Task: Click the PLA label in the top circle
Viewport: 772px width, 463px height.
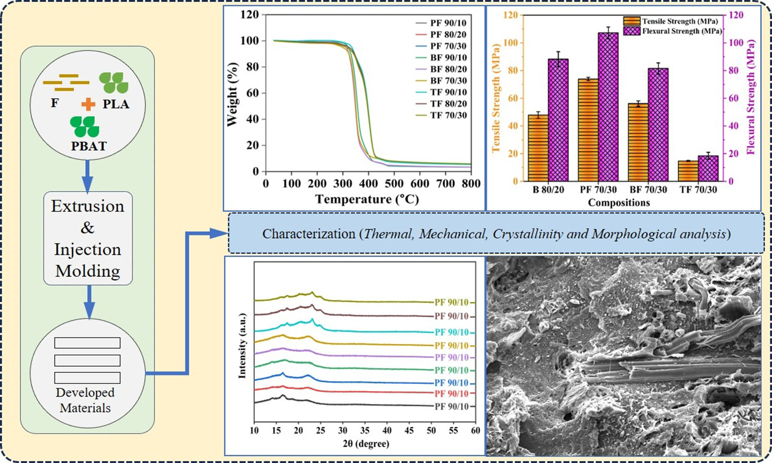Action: (x=116, y=104)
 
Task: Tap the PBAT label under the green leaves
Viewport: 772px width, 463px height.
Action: (x=89, y=146)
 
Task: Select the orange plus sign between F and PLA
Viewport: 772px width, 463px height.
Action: (x=89, y=104)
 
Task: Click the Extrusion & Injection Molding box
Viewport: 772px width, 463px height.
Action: (x=88, y=238)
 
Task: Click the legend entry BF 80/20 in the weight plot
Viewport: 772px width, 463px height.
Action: (x=448, y=69)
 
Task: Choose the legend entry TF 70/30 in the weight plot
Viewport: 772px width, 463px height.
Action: (x=448, y=115)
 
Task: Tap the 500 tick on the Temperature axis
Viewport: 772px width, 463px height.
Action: (x=394, y=184)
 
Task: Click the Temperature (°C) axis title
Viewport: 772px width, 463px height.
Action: (x=367, y=199)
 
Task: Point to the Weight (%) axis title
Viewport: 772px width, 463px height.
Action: (x=232, y=94)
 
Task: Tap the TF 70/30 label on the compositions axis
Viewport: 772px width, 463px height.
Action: (x=698, y=189)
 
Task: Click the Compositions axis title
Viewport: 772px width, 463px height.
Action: (x=619, y=203)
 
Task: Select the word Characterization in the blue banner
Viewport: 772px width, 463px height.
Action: (x=308, y=234)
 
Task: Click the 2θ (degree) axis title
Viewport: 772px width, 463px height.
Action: (x=365, y=443)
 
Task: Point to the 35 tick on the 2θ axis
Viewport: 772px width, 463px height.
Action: (x=365, y=430)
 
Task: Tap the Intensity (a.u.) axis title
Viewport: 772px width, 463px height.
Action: (x=242, y=346)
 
